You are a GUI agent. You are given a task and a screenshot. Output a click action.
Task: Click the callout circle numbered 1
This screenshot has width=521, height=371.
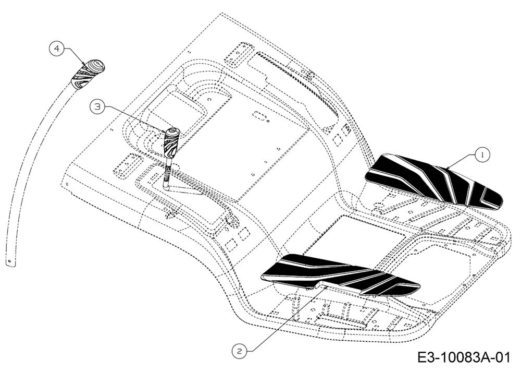(482, 154)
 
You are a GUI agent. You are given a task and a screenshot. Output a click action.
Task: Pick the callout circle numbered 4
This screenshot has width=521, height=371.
(57, 49)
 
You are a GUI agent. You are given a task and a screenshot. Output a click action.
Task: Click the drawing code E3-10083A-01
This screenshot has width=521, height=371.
(463, 358)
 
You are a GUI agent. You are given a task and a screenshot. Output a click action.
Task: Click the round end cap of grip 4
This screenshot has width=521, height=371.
(96, 66)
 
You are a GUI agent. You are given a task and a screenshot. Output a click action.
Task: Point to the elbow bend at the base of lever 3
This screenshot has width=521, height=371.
(167, 184)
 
